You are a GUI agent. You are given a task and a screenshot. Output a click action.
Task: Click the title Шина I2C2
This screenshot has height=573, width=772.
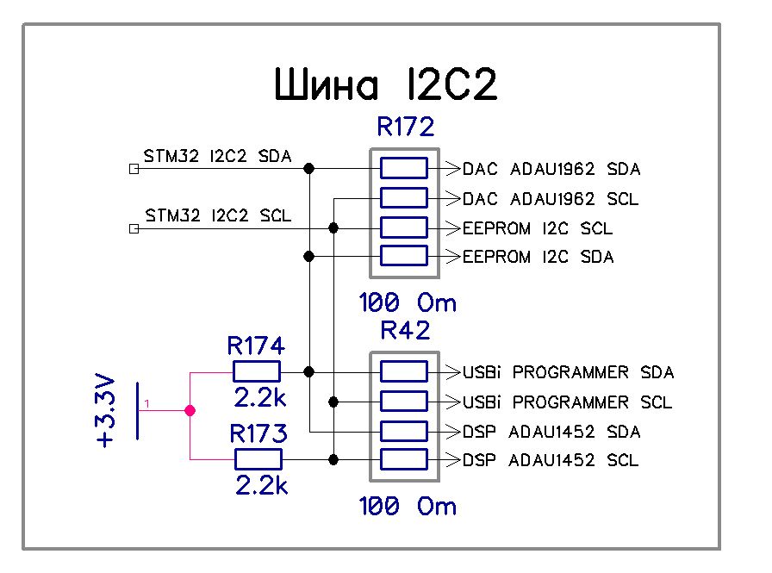(386, 86)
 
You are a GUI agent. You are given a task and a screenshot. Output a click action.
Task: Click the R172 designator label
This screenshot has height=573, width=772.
(405, 128)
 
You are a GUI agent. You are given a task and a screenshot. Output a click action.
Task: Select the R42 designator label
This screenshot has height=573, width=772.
(405, 332)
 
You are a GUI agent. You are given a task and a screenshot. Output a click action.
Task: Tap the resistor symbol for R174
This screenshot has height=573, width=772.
(256, 371)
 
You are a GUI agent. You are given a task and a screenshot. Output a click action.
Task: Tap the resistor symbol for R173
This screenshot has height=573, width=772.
(256, 459)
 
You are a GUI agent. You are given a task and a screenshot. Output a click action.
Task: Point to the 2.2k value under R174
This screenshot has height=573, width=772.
(260, 399)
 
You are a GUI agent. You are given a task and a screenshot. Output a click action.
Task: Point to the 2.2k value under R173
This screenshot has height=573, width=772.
(260, 486)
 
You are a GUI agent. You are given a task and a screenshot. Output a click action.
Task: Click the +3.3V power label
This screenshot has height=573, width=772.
(105, 410)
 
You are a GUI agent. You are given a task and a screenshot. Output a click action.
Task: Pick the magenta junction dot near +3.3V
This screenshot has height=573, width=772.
(190, 411)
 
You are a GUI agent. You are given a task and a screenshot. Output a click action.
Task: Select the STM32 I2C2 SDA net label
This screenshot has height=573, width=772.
(217, 156)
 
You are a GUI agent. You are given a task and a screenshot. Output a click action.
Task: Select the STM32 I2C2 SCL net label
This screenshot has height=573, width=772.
(217, 215)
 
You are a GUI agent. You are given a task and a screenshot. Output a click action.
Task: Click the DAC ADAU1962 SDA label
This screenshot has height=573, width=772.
(551, 169)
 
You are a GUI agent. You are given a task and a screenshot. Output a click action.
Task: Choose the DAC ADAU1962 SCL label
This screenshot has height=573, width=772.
(551, 199)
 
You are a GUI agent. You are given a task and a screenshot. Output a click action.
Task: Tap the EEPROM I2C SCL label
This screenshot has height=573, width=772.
(538, 229)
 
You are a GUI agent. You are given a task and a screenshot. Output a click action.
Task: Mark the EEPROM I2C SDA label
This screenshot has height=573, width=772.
(538, 257)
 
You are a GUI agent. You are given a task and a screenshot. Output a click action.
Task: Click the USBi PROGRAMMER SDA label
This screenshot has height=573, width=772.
(568, 372)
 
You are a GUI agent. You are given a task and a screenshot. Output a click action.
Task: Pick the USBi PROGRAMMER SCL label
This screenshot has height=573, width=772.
(567, 402)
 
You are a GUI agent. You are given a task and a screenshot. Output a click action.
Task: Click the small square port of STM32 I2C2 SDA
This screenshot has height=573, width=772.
(133, 169)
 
